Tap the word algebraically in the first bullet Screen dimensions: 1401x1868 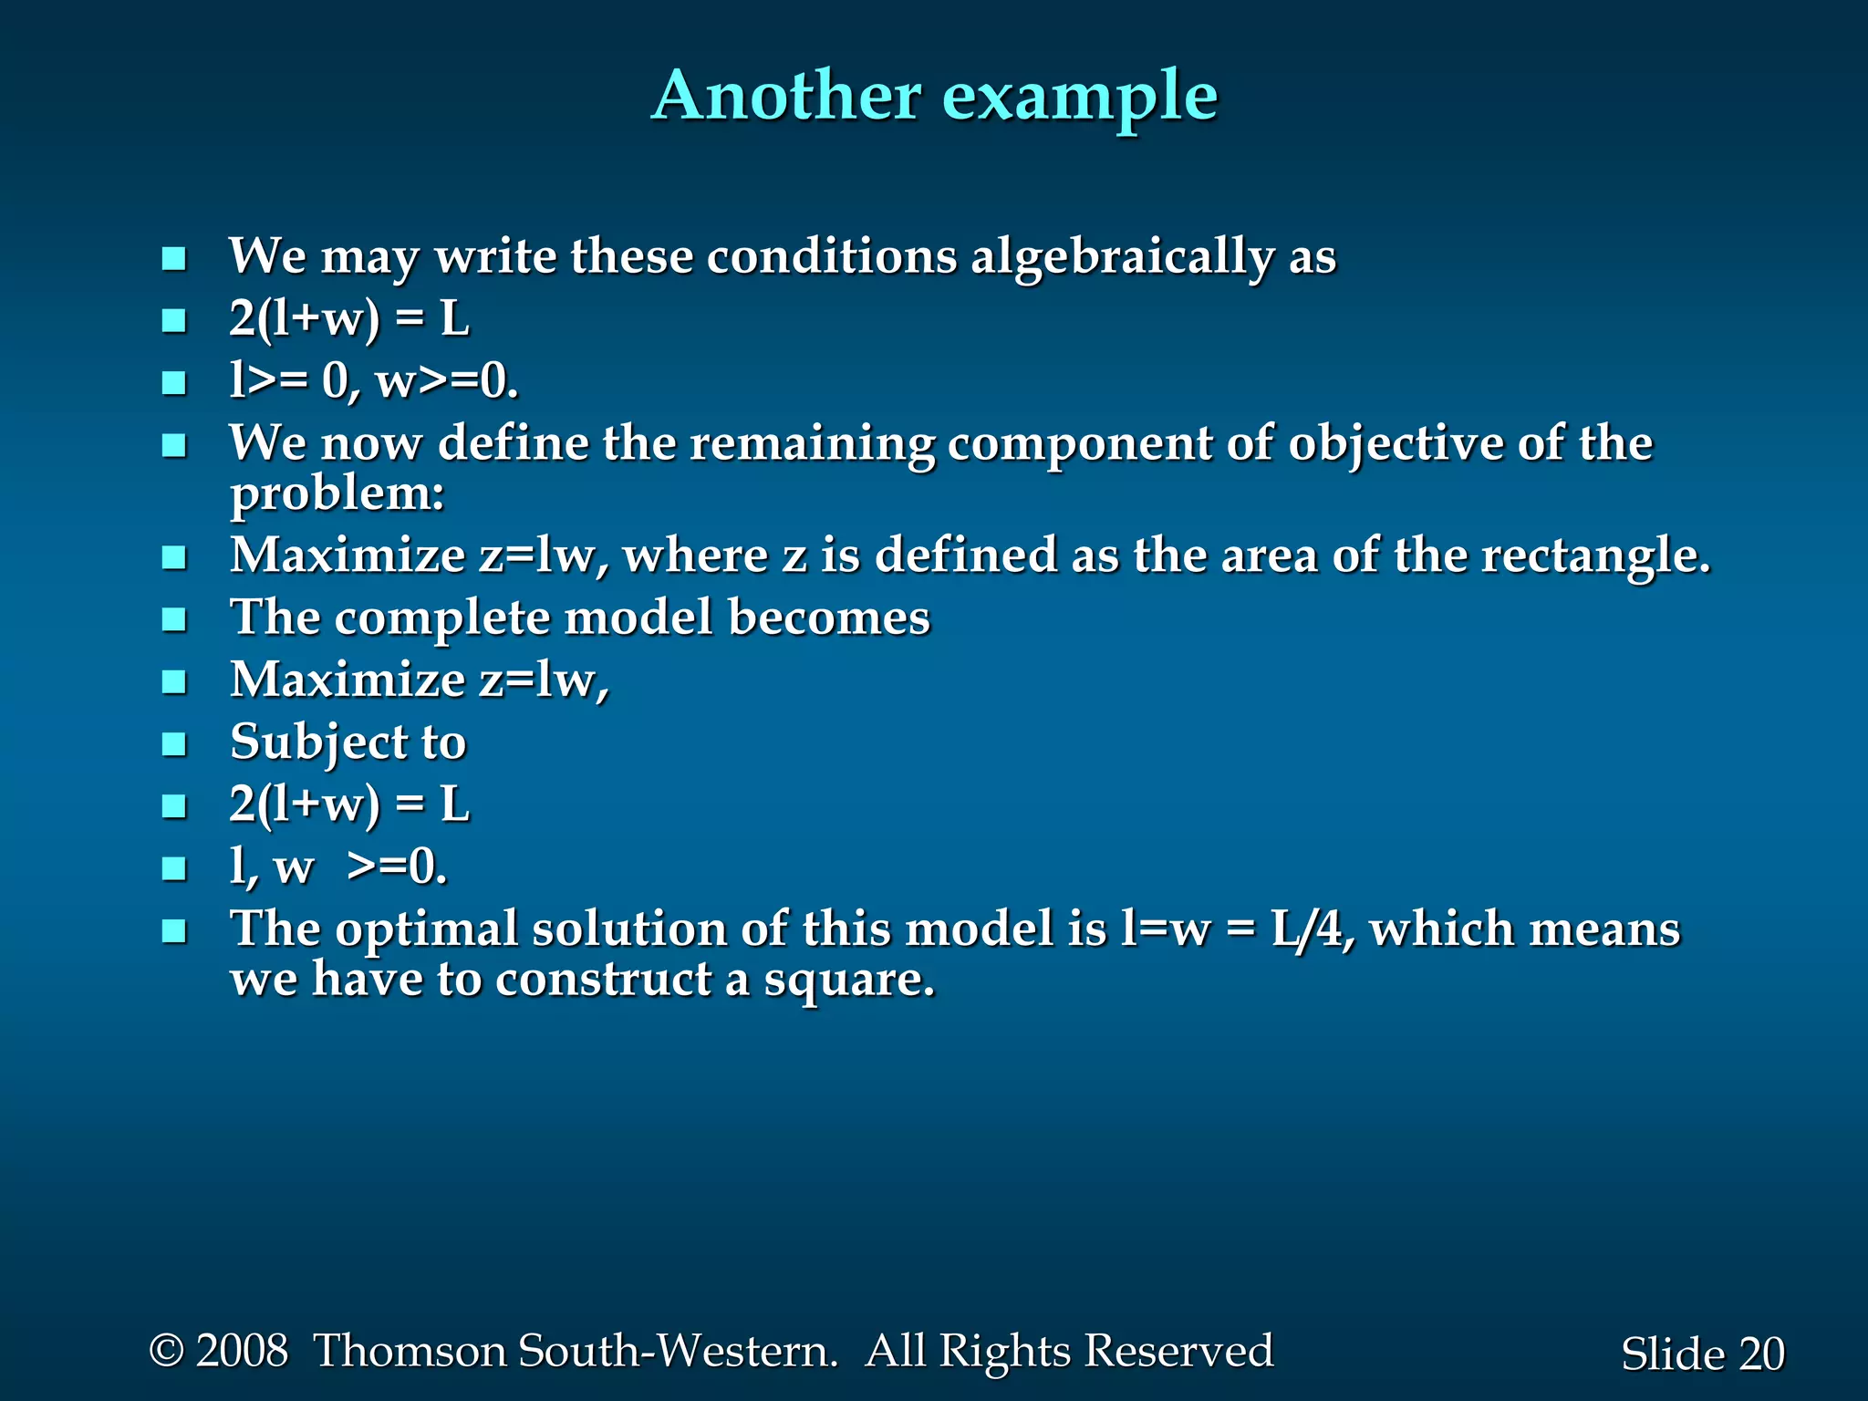tap(1122, 257)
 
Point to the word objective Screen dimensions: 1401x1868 tap(1396, 445)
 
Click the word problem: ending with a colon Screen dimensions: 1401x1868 tap(337, 496)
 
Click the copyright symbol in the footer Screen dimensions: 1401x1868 tap(166, 1350)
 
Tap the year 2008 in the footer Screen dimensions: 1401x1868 tap(242, 1350)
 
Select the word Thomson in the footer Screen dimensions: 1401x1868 tap(410, 1350)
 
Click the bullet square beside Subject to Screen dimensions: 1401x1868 tap(173, 744)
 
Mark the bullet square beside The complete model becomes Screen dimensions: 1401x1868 tap(173, 619)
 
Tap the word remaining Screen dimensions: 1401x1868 tap(812, 443)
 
